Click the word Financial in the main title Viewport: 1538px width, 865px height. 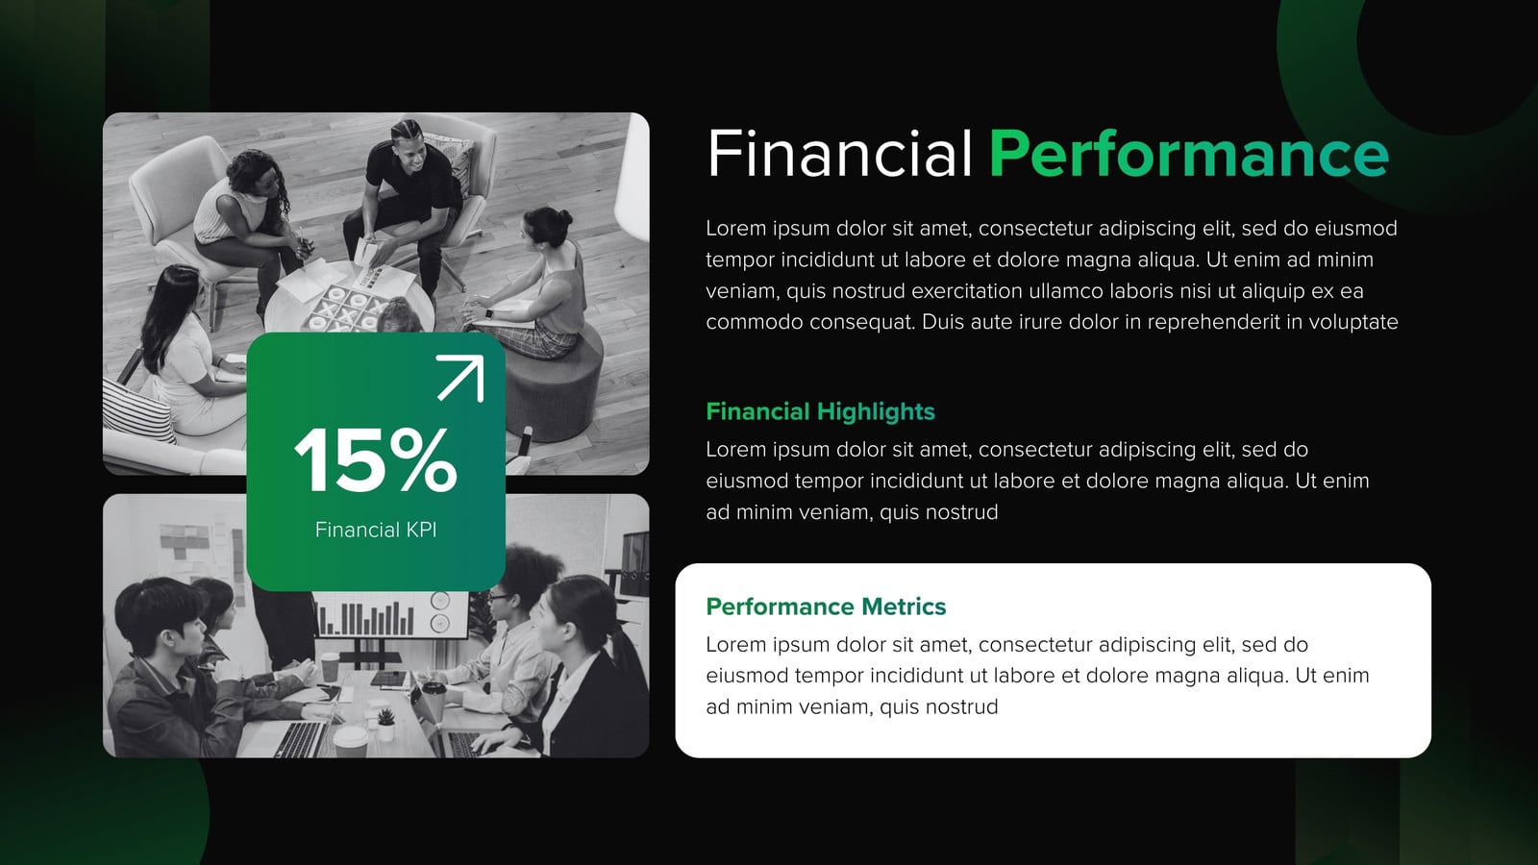[x=839, y=153]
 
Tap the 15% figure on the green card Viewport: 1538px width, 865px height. [x=376, y=459]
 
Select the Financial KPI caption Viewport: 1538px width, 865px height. [x=376, y=530]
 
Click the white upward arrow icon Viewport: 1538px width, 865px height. [x=460, y=378]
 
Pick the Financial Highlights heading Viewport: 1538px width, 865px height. [x=821, y=411]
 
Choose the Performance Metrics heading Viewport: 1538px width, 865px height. [x=826, y=606]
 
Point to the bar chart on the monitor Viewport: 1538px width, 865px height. [x=366, y=618]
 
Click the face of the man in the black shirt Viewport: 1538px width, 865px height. [x=410, y=149]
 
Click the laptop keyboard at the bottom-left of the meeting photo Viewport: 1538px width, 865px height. [x=299, y=739]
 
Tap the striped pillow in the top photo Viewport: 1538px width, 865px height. [x=137, y=409]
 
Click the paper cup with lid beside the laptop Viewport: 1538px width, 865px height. [x=350, y=741]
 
